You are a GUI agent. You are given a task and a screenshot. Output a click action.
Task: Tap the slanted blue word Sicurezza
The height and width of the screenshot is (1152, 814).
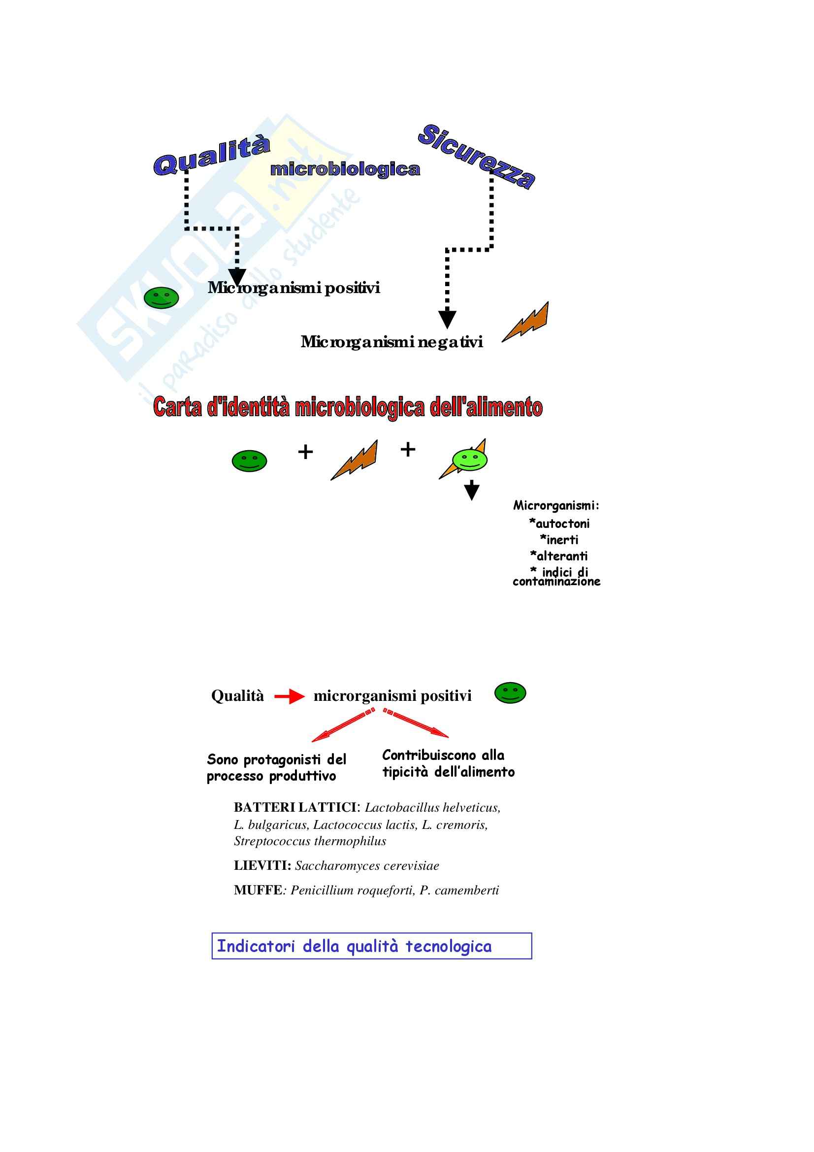[476, 156]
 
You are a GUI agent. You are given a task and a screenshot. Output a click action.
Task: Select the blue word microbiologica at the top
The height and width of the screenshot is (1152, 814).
[345, 169]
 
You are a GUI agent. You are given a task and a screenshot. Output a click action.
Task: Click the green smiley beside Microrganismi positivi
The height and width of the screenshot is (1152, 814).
[161, 297]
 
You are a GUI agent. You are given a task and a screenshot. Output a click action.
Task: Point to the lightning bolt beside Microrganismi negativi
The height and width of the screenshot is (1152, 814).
[526, 323]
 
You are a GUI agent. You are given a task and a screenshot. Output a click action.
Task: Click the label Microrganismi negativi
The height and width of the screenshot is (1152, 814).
[391, 342]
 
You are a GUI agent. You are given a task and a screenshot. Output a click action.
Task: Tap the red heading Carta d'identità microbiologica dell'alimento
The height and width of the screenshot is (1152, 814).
[348, 407]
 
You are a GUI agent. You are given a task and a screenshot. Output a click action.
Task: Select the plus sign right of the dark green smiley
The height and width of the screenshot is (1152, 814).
[305, 452]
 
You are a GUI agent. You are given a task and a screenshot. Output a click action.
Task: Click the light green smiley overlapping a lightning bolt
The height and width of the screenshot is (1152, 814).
[469, 459]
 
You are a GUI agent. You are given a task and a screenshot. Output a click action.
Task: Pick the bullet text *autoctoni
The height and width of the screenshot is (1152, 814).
[559, 524]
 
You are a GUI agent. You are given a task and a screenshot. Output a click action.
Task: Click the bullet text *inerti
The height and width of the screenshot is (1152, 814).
[559, 540]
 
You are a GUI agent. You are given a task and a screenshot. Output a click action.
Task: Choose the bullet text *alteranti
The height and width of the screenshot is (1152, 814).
[559, 556]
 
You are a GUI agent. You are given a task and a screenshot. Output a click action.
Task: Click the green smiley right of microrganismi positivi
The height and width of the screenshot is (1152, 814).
[510, 693]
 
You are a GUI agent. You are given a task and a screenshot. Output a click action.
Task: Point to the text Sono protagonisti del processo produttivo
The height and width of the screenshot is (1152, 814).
[276, 768]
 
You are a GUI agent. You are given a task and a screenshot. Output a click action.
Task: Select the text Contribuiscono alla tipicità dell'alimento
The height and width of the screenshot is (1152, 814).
[449, 763]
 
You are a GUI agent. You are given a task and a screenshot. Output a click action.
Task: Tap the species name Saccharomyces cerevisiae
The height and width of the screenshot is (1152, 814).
[367, 865]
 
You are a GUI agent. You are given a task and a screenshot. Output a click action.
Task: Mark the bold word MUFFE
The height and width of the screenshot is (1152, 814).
[258, 890]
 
